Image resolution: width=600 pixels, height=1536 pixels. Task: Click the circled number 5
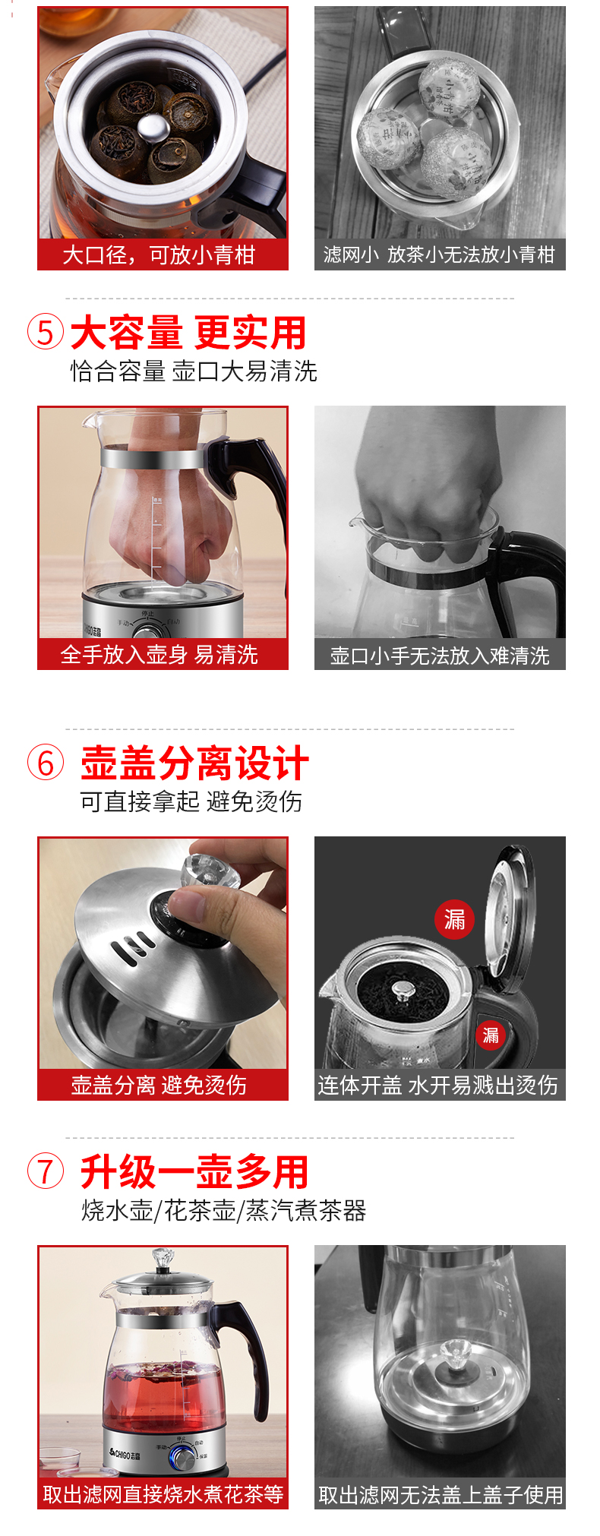click(46, 333)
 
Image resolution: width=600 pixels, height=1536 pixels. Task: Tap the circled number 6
click(46, 763)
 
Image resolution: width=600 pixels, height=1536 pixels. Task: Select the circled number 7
click(46, 1171)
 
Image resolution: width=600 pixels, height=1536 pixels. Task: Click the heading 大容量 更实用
click(188, 333)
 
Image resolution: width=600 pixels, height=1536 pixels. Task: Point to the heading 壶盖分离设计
click(194, 763)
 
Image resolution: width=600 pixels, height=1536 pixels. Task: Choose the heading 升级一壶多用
click(194, 1171)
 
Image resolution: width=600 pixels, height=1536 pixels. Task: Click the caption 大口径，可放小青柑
click(159, 254)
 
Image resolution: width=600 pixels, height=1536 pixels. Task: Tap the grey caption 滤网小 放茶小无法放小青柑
click(439, 254)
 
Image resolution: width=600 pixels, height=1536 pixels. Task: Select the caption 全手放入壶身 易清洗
click(159, 654)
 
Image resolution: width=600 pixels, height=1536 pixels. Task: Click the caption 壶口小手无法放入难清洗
click(440, 655)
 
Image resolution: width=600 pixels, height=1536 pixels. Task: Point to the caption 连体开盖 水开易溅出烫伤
click(438, 1085)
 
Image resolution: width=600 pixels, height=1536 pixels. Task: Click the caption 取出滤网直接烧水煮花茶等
click(163, 1494)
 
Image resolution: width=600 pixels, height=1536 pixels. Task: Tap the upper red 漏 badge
click(454, 920)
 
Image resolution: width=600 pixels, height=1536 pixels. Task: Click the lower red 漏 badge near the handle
click(491, 1035)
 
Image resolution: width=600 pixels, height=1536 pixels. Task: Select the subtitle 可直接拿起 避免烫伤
click(191, 801)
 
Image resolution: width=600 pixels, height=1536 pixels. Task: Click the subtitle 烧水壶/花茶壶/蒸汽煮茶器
click(224, 1210)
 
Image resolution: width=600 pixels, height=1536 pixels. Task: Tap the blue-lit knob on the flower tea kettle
click(182, 1456)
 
